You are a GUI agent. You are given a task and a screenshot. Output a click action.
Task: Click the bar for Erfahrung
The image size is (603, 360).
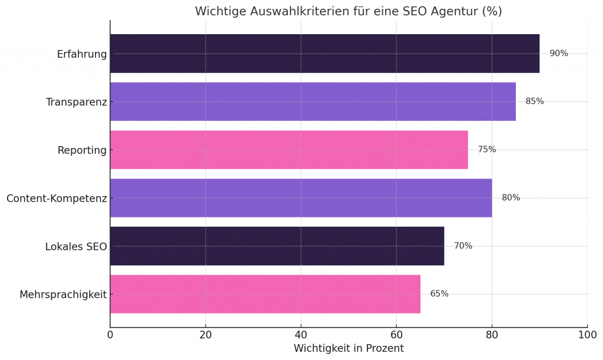(x=324, y=54)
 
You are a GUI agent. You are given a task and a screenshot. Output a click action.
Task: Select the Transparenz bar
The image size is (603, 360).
(x=313, y=101)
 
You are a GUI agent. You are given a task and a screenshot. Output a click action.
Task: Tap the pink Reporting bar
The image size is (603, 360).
(x=289, y=150)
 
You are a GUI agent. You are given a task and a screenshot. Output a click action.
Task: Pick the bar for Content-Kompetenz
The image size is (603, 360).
(x=301, y=198)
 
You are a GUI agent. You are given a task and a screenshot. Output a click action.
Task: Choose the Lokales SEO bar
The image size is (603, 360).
(x=277, y=246)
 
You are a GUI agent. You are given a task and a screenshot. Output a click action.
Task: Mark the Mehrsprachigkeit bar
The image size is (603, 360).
(x=265, y=294)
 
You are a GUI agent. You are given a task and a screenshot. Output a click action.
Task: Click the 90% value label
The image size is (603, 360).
(x=558, y=54)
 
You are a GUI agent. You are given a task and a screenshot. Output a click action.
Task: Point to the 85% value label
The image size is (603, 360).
(x=535, y=101)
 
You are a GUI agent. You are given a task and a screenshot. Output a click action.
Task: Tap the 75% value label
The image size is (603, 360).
(x=486, y=150)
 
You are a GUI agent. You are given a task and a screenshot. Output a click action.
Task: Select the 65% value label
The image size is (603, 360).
(x=439, y=294)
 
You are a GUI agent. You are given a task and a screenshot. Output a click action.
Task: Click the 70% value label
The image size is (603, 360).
(x=463, y=246)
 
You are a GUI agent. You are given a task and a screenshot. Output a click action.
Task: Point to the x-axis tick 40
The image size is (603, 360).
(x=301, y=335)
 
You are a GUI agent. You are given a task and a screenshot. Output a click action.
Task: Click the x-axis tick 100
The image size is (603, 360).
(x=587, y=335)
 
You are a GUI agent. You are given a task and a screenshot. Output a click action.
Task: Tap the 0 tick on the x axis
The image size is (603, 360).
(x=110, y=335)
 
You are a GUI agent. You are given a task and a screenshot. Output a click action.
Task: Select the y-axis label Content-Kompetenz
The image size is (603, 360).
(x=57, y=198)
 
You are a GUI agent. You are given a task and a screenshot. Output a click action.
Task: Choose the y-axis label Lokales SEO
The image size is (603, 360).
(x=76, y=246)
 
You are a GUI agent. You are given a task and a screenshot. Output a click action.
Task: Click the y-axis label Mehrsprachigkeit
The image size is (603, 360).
(x=63, y=295)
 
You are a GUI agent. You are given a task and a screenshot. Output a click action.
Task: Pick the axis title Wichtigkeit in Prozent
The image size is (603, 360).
(x=349, y=348)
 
